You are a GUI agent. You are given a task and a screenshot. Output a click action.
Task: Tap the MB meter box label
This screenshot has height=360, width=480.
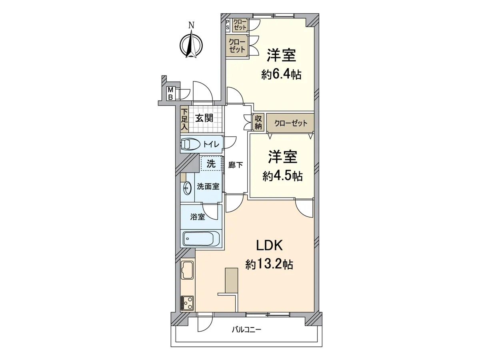pos(170,93)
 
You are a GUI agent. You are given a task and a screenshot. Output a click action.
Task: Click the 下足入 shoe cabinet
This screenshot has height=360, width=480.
pos(184,120)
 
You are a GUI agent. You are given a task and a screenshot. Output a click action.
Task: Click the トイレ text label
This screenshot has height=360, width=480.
pos(211,144)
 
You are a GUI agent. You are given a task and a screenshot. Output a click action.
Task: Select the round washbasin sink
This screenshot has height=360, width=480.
pos(187,188)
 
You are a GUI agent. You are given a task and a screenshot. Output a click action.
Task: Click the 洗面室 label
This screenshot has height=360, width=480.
pos(208,186)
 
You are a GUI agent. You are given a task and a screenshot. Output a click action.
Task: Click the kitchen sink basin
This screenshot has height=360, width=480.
pos(188,270)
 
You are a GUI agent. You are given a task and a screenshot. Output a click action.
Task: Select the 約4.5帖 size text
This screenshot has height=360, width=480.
pos(282,176)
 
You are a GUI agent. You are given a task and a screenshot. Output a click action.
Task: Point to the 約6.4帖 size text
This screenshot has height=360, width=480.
pos(281,75)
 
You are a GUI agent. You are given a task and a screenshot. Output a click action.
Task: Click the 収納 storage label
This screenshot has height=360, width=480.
pos(258,122)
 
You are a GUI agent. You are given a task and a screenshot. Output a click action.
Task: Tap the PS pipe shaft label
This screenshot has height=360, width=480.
pos(228,24)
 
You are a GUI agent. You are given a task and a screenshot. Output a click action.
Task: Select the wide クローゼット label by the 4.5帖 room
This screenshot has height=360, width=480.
pos(291,124)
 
